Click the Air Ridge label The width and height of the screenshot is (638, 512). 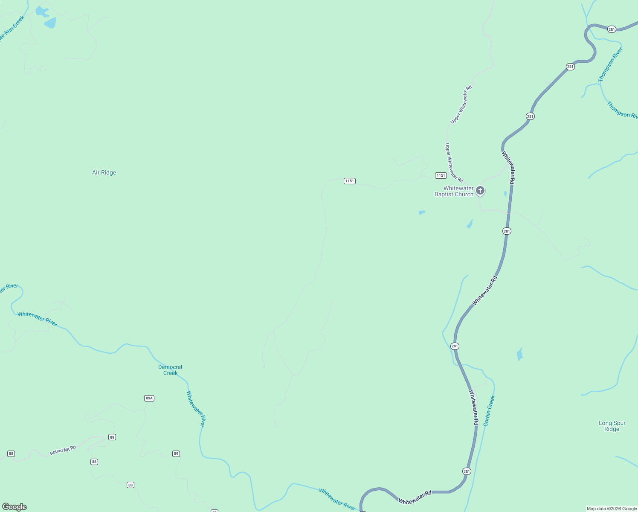[x=104, y=173]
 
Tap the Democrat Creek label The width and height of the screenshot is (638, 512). [x=170, y=370]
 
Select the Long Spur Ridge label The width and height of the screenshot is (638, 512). [x=612, y=426]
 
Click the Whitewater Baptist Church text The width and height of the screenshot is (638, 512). [x=454, y=191]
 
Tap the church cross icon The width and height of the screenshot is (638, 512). [x=480, y=190]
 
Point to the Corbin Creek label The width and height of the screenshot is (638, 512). [x=489, y=410]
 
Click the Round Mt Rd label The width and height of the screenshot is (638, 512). [x=63, y=450]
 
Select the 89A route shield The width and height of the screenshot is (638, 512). [x=149, y=398]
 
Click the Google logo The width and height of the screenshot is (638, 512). [x=14, y=507]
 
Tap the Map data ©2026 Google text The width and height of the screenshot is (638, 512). [x=612, y=509]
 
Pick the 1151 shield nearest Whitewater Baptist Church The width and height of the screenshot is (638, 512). [x=441, y=175]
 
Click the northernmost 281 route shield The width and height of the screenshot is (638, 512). [x=612, y=29]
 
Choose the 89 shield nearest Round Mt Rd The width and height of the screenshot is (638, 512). [x=112, y=437]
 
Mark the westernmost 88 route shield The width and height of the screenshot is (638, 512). [x=11, y=454]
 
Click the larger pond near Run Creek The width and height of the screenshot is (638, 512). [x=50, y=23]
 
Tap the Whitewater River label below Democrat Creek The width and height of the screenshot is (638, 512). [x=196, y=409]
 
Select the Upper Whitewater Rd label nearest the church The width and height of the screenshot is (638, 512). [x=454, y=163]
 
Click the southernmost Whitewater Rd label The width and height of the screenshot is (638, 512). [x=415, y=497]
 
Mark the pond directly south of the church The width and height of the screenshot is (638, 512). [x=470, y=224]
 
